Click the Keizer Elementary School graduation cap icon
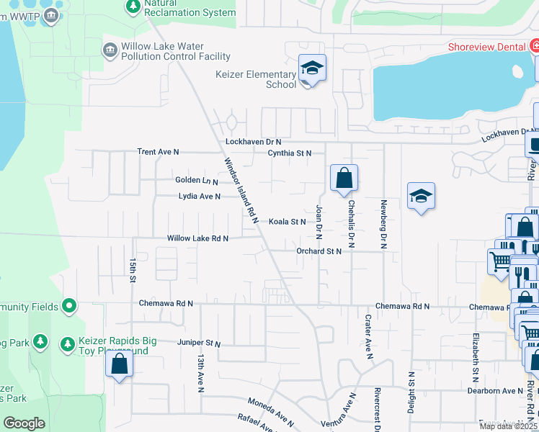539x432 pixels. click(x=313, y=68)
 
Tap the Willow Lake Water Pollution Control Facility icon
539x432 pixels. click(x=110, y=49)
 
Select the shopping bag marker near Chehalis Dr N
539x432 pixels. click(x=344, y=177)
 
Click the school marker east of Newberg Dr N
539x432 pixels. click(x=421, y=196)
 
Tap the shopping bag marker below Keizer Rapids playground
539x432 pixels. click(x=120, y=364)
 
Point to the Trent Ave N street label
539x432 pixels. click(x=158, y=153)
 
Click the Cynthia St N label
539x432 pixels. click(x=289, y=153)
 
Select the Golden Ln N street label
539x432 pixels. click(x=196, y=180)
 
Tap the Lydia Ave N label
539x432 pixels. click(x=199, y=196)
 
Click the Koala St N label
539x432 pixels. click(x=288, y=222)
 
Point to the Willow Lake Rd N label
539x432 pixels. click(x=197, y=238)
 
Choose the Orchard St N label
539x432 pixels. click(x=318, y=251)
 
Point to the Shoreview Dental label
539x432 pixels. click(x=487, y=47)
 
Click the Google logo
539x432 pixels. click(x=24, y=423)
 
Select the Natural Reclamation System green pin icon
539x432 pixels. click(x=133, y=6)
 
